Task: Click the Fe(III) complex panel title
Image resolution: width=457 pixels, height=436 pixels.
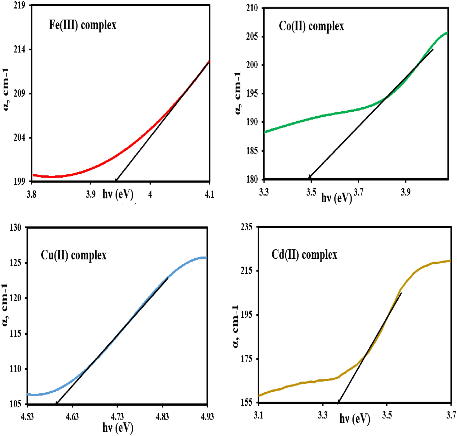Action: [83, 25]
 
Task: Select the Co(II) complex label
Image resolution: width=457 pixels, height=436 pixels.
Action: [311, 26]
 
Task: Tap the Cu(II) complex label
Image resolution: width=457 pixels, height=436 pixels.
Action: [74, 255]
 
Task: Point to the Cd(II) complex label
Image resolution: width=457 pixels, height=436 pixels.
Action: [304, 255]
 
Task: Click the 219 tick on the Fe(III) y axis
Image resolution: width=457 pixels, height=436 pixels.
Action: [19, 5]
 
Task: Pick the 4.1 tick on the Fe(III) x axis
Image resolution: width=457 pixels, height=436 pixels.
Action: [209, 194]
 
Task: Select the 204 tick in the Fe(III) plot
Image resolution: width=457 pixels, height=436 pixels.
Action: [19, 138]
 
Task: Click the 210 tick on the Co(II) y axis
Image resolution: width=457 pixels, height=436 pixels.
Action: [252, 8]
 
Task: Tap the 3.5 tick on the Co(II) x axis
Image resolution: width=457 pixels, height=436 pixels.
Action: [311, 192]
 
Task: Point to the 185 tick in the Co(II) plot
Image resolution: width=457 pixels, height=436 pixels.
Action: [252, 151]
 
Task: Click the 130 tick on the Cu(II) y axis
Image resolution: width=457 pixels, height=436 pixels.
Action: [15, 228]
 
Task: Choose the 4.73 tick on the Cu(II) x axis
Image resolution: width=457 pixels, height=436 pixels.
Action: [117, 416]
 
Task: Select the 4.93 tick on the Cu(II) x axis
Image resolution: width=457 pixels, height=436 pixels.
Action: [207, 416]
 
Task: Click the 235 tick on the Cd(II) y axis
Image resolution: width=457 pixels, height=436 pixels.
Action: [246, 227]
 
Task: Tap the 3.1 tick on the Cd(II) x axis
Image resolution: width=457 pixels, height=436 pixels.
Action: [258, 415]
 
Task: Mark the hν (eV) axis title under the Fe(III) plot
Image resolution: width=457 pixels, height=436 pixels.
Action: [118, 194]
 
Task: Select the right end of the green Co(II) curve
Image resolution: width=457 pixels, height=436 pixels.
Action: [447, 32]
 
